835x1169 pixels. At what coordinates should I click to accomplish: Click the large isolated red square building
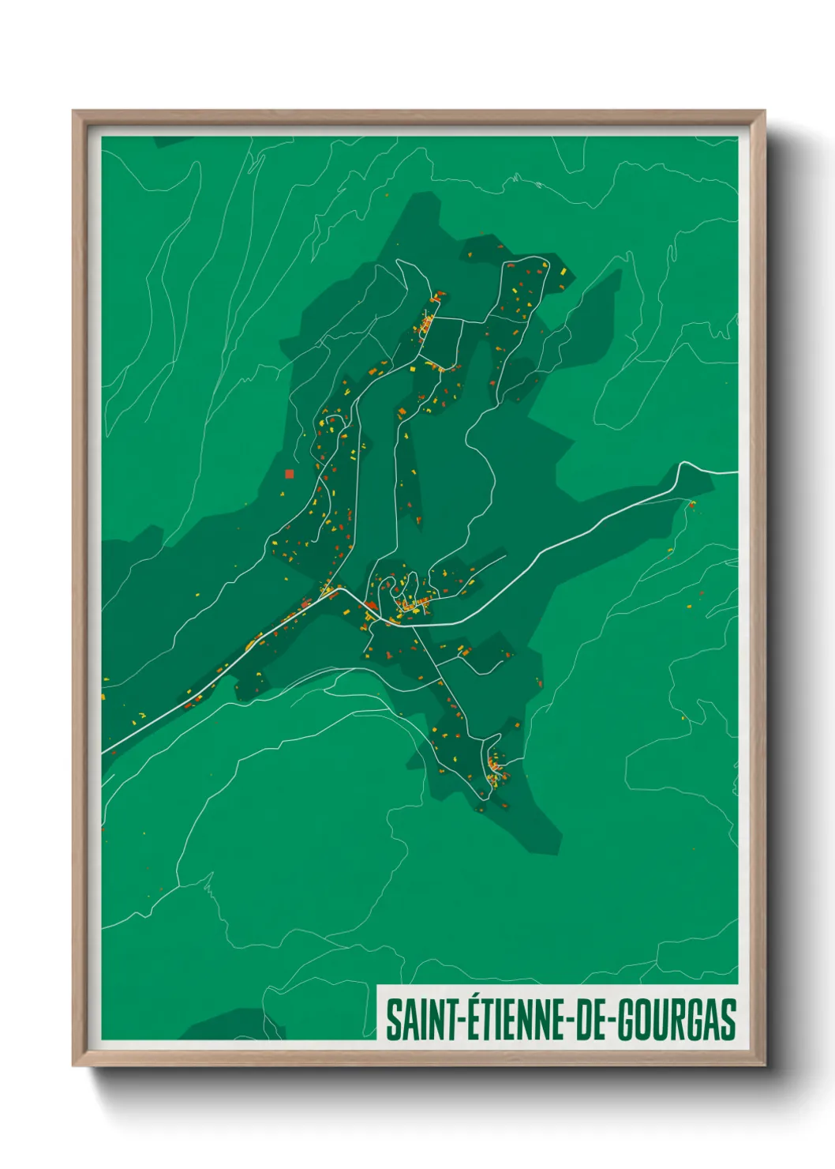pos(289,474)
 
